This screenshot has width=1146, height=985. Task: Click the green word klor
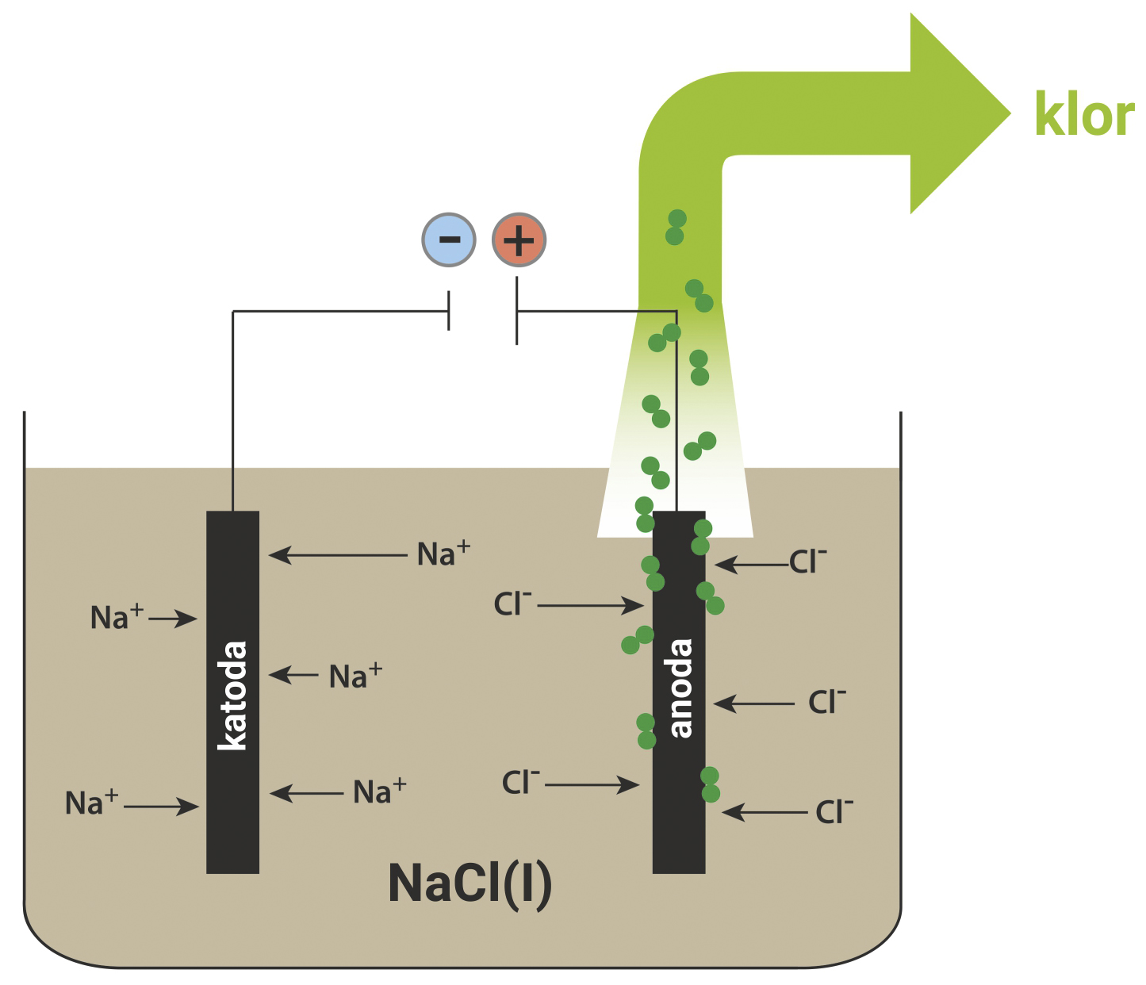(1083, 115)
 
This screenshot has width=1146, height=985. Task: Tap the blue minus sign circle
(449, 240)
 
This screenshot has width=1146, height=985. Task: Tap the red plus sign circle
(519, 240)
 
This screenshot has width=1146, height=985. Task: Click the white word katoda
(233, 695)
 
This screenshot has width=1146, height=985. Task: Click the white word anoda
(680, 688)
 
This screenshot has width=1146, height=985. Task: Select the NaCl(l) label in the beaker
(470, 883)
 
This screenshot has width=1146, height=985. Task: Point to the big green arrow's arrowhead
(956, 113)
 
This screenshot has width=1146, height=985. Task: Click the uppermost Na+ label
(443, 554)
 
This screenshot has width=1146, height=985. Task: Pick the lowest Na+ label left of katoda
(91, 803)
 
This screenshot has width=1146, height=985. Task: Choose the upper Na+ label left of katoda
(117, 617)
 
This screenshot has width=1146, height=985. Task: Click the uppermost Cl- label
(807, 561)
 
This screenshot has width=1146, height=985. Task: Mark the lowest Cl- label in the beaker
(834, 811)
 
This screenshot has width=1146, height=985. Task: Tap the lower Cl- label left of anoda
(520, 783)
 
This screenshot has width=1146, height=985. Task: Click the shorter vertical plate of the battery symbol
(449, 310)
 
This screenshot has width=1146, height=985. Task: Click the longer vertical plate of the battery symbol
(517, 310)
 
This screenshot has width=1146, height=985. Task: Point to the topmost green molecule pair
(676, 228)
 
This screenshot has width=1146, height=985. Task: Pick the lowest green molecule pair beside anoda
(711, 784)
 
